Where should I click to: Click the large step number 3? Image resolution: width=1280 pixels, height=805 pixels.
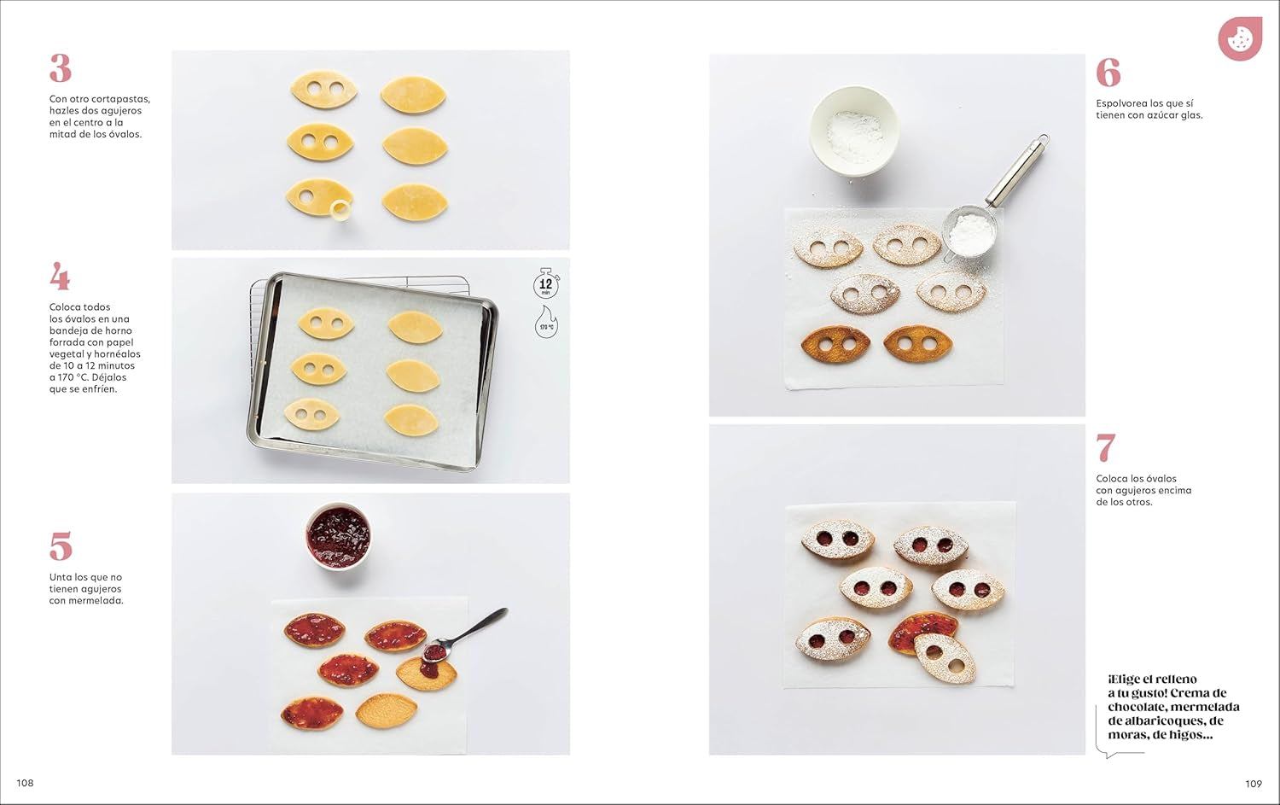pyautogui.click(x=60, y=68)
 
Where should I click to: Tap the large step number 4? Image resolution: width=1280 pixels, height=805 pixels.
pyautogui.click(x=60, y=277)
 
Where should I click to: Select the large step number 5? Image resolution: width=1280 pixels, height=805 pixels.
pyautogui.click(x=60, y=546)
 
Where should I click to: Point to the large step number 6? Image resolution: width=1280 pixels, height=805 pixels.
pyautogui.click(x=1108, y=73)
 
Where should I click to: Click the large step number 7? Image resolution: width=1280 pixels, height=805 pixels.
pyautogui.click(x=1106, y=448)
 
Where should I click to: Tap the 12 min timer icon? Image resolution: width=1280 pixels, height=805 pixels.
pyautogui.click(x=545, y=283)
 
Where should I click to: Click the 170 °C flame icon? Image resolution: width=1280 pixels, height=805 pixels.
pyautogui.click(x=546, y=324)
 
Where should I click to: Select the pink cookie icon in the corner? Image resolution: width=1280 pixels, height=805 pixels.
pyautogui.click(x=1239, y=38)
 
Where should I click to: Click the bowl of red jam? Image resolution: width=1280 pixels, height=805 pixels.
pyautogui.click(x=339, y=536)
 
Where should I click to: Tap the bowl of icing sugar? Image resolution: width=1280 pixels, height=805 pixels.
pyautogui.click(x=853, y=131)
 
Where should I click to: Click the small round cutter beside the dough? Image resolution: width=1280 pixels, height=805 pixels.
pyautogui.click(x=341, y=208)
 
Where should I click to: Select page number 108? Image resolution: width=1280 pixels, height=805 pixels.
pyautogui.click(x=25, y=783)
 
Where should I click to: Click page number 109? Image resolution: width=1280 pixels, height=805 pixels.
pyautogui.click(x=1253, y=784)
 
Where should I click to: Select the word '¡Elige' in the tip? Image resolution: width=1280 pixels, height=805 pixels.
pyautogui.click(x=1128, y=680)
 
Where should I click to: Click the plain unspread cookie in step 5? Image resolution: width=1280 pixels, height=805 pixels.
pyautogui.click(x=386, y=710)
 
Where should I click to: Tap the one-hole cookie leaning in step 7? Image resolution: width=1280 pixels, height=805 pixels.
pyautogui.click(x=945, y=658)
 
